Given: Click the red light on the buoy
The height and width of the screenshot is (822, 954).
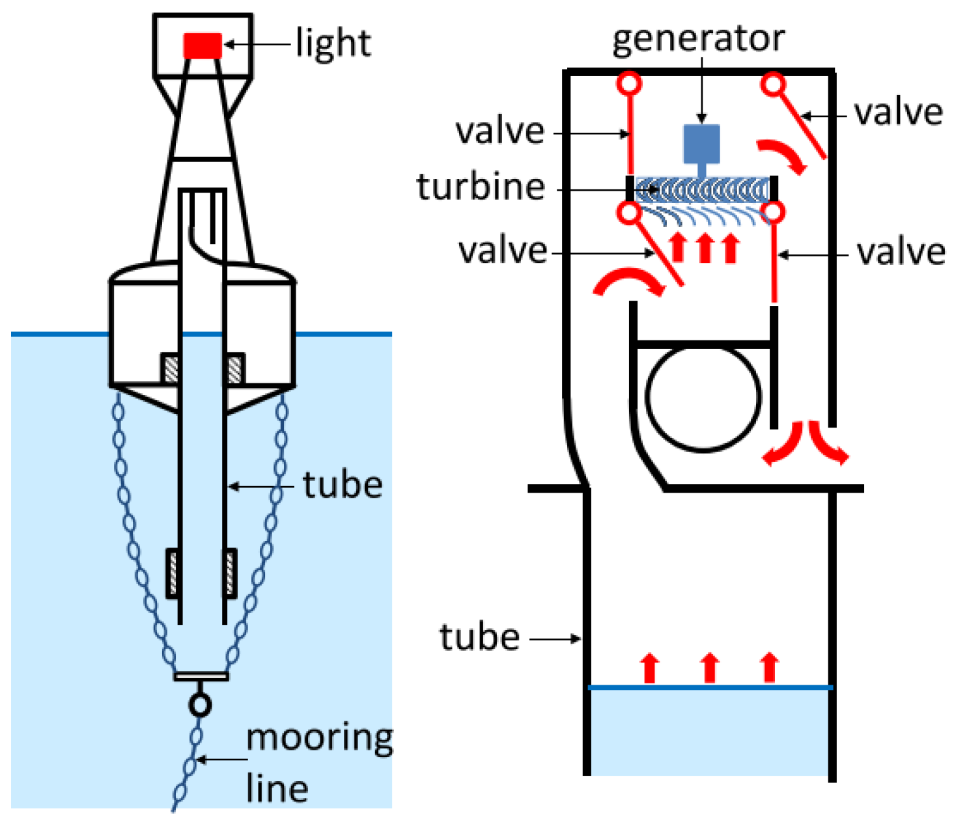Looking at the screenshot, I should pos(203,46).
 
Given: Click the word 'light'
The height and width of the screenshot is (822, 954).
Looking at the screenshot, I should pos(333,44).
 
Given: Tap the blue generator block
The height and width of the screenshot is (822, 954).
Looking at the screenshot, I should pos(701,144).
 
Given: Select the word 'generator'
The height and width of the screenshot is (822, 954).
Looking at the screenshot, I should pos(698,39).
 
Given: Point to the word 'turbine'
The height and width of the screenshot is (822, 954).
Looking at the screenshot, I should pos(481,187).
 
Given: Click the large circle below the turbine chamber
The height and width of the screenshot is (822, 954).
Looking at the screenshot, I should pos(703,397).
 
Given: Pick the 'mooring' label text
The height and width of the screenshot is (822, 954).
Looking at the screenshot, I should pos(319,739).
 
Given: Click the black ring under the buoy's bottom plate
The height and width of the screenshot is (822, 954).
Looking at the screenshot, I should pos(200,704).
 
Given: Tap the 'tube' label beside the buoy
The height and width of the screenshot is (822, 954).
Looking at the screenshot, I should pos(343,486).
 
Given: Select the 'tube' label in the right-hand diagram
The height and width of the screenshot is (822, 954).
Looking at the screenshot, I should pos(479,637).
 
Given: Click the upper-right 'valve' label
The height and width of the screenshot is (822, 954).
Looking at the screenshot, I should pos(898,113).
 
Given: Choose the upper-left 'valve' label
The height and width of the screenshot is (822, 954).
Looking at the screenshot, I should pos(499,132).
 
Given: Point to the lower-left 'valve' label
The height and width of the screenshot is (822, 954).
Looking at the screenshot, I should pos(502,251).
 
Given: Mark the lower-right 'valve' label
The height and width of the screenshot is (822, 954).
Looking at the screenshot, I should pos(901,253).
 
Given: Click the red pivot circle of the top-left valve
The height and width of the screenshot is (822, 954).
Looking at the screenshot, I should pos(630,83).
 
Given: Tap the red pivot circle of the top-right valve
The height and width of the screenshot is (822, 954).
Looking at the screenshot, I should pos(774,84).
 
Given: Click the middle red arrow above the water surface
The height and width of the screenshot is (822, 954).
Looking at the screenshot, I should pos(710,668).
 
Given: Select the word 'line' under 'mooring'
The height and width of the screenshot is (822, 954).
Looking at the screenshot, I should pos(277,789).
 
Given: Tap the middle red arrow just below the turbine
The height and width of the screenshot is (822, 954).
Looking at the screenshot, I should pos(704,248).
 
